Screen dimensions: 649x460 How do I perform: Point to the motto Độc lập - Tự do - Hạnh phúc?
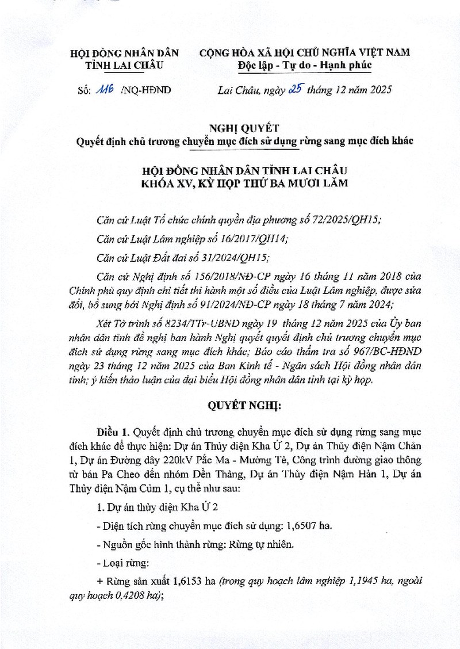(305, 64)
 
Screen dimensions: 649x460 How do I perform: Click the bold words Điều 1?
(113, 432)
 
